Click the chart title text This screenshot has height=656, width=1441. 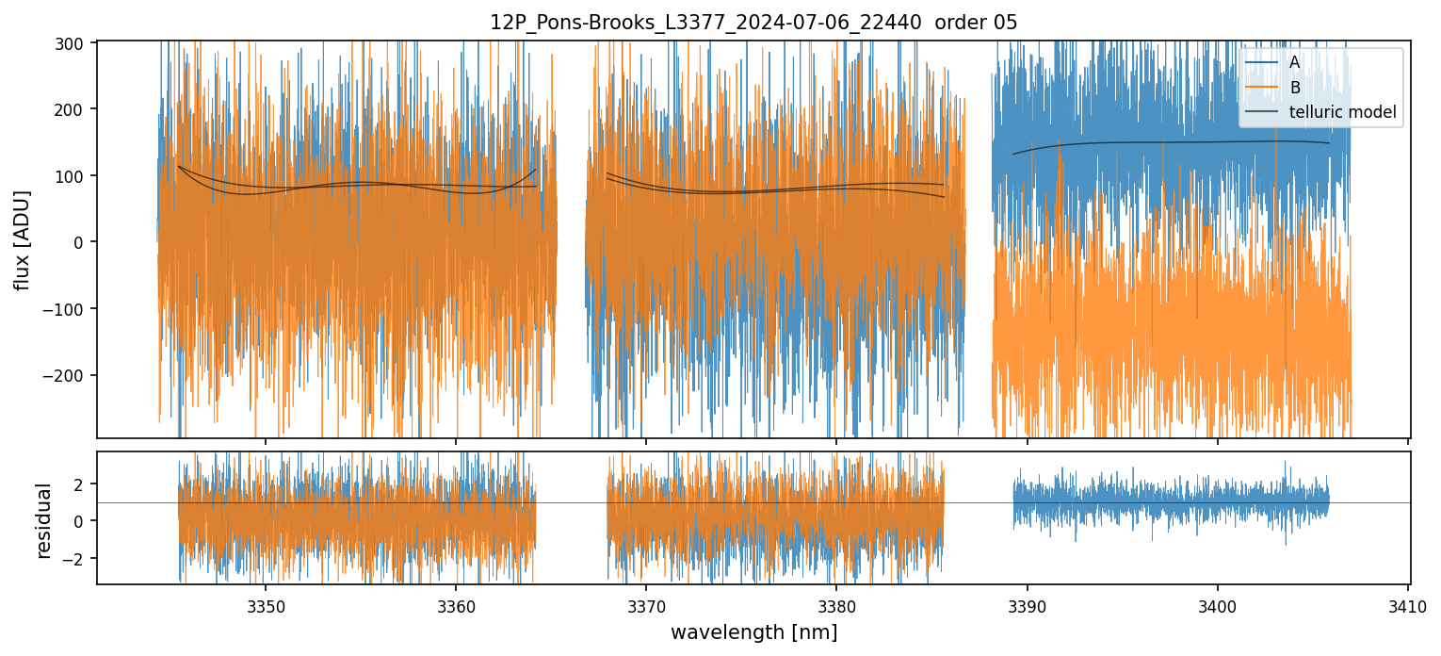pos(753,23)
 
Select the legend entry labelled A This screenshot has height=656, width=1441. pos(1294,63)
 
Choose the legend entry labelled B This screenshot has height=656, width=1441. pos(1294,88)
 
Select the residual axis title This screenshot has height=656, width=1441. pos(43,519)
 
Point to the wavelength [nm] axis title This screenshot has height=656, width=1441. pos(753,631)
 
